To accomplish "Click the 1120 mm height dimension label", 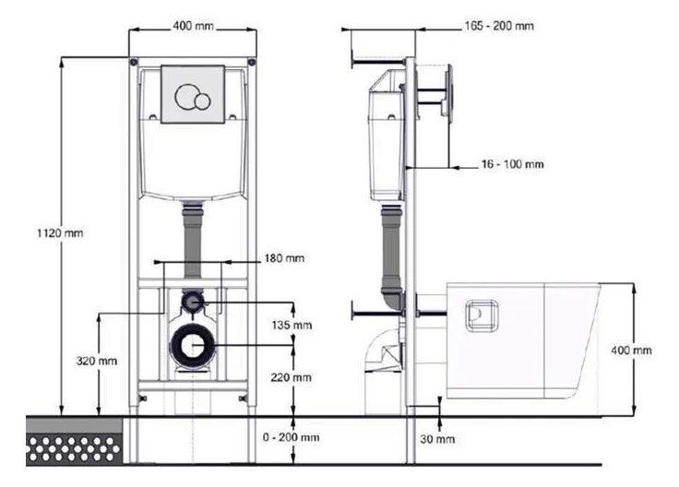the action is click(60, 233).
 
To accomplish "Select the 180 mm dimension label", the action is click(284, 258).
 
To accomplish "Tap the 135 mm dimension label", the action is click(292, 325).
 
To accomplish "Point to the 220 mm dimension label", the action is click(291, 377).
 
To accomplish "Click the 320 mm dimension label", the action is click(97, 361).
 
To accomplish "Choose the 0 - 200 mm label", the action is click(291, 437).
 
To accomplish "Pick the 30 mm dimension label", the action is click(437, 439).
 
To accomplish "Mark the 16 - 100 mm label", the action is click(512, 164).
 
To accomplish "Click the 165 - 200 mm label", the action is click(499, 26).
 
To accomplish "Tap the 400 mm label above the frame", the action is click(193, 26).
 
